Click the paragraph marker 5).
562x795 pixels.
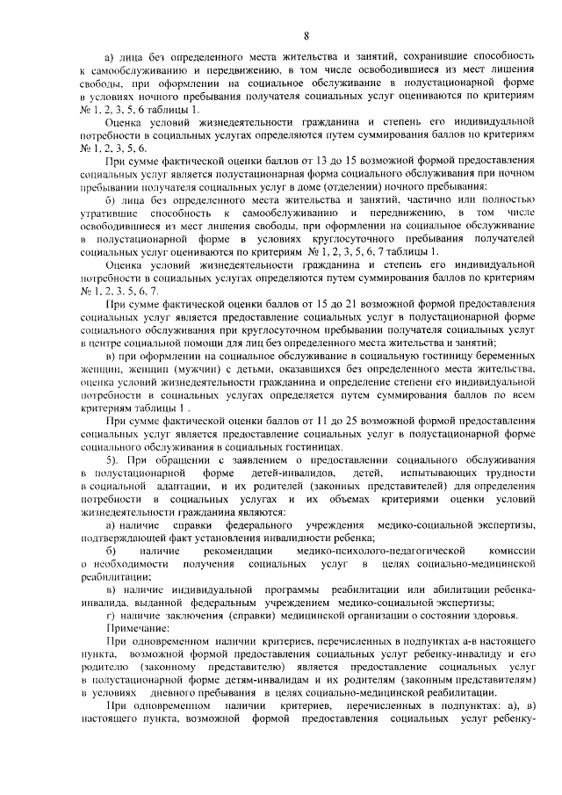tap(111, 460)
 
